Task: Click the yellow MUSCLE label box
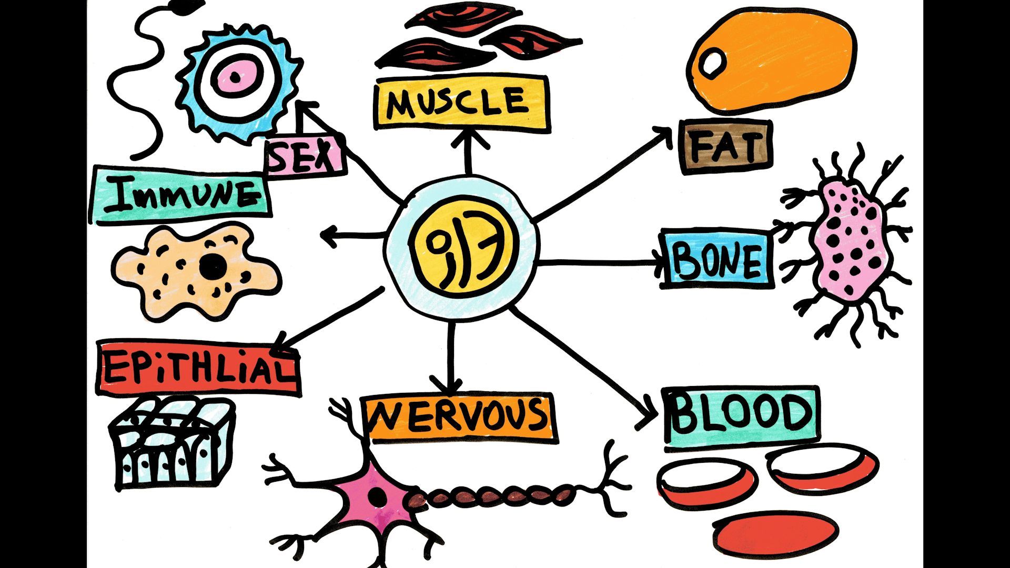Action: pos(461,103)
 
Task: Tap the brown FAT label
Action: pos(725,147)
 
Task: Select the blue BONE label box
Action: pos(717,259)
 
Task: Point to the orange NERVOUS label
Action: pos(459,417)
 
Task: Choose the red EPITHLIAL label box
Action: pos(199,368)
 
